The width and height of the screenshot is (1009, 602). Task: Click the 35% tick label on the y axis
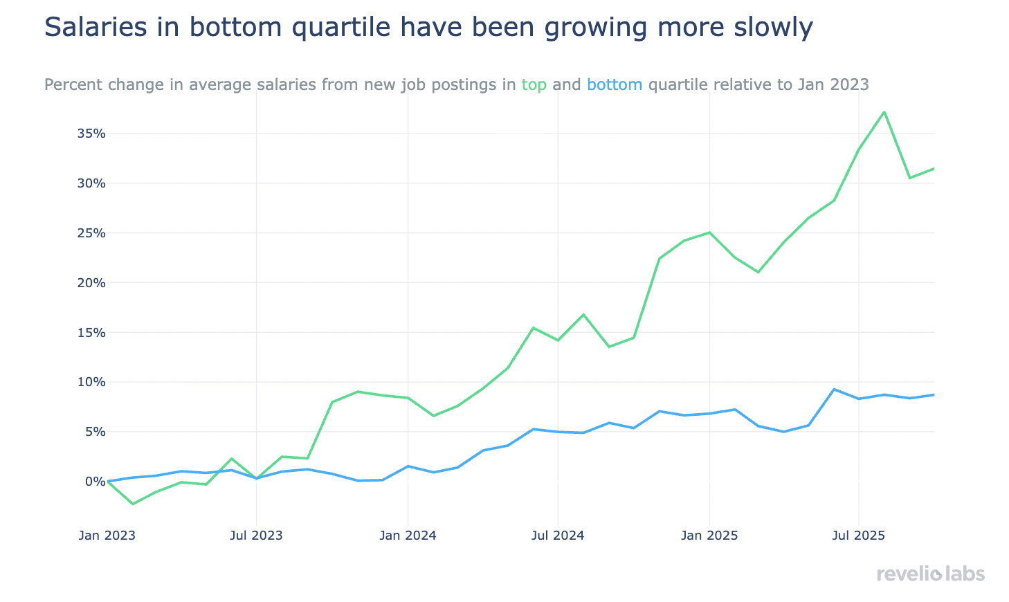coord(91,134)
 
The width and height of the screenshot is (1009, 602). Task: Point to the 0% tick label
coord(95,482)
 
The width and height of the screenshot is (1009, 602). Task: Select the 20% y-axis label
coord(91,283)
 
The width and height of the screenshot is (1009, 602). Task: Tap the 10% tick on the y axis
coord(91,382)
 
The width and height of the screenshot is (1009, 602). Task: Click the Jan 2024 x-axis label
coord(408,536)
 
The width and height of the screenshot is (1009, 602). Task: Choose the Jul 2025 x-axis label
coord(858,536)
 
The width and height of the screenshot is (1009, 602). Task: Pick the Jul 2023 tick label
coord(256,536)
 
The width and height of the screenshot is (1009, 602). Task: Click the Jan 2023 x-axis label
coord(107,536)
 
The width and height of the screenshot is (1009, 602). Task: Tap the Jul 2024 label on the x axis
coord(558,536)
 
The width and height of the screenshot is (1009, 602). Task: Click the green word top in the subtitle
coord(534,85)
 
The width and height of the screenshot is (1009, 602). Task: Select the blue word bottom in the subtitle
coord(615,85)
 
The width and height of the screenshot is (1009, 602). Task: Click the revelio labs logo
coord(930,574)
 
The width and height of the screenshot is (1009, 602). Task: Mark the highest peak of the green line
coord(884,112)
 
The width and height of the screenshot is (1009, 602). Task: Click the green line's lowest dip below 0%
coord(133,504)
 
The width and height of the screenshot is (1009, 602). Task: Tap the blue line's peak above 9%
coord(835,390)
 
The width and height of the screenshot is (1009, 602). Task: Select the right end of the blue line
coord(934,395)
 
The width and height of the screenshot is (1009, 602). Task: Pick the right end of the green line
coord(934,169)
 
